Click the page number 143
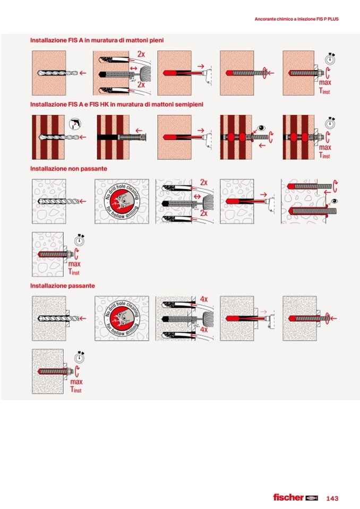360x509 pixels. [x=332, y=498]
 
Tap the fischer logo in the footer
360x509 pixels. [x=295, y=497]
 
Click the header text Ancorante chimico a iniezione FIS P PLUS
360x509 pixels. [x=296, y=19]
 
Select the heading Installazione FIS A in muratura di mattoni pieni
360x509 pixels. [x=97, y=40]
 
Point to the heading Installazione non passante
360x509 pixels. [x=68, y=168]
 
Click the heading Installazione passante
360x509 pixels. [x=62, y=286]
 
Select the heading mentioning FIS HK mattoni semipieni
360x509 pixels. [x=116, y=104]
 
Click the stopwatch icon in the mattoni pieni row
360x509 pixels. [x=330, y=59]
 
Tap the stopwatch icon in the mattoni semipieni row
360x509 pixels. [x=330, y=123]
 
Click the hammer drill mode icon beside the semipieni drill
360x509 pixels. [x=75, y=124]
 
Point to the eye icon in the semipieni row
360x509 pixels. [x=261, y=128]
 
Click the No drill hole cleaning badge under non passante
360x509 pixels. [x=122, y=201]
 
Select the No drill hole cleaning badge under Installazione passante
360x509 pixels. [x=122, y=318]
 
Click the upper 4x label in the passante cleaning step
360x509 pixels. [x=204, y=299]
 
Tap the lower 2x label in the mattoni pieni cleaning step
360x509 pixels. [x=141, y=85]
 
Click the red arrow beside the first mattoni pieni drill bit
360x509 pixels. [x=83, y=73]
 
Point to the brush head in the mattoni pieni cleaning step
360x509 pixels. [x=145, y=72]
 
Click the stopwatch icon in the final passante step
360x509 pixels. [x=80, y=357]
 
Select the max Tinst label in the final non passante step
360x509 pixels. [x=74, y=268]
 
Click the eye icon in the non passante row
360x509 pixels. [x=334, y=201]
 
